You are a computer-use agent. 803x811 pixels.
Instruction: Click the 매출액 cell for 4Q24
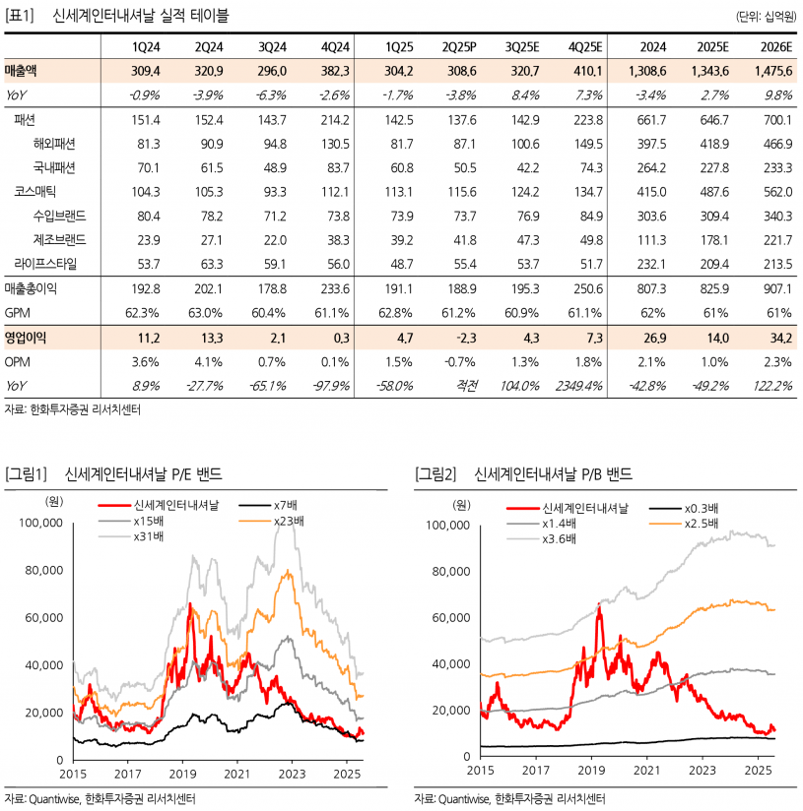pyautogui.click(x=335, y=71)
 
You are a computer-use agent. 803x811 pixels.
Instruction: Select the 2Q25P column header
pyautogui.click(x=459, y=47)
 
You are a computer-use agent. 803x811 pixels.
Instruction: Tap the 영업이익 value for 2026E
pyautogui.click(x=780, y=338)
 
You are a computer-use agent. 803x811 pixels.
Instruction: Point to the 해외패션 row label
pyautogui.click(x=54, y=144)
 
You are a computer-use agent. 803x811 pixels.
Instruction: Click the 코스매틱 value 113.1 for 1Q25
pyautogui.click(x=399, y=192)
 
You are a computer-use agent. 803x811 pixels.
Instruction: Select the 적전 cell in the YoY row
pyautogui.click(x=466, y=386)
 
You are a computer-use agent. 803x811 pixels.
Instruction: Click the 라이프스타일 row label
pyautogui.click(x=45, y=264)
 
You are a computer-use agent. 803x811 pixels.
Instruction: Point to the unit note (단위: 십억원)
pyautogui.click(x=767, y=17)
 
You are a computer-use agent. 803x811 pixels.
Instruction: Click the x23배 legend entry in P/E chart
pyautogui.click(x=272, y=521)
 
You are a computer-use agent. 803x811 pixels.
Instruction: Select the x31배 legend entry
pyautogui.click(x=131, y=536)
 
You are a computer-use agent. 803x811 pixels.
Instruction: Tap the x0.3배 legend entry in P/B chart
pyautogui.click(x=684, y=509)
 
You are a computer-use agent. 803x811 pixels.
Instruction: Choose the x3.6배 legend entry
pyautogui.click(x=542, y=539)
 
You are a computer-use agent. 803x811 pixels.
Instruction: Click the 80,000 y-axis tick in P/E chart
pyautogui.click(x=44, y=570)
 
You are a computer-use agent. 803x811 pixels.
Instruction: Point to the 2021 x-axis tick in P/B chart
pyautogui.click(x=646, y=770)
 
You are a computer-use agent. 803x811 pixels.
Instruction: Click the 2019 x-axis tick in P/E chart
pyautogui.click(x=182, y=774)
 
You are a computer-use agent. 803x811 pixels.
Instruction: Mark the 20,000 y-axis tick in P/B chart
pyautogui.click(x=451, y=711)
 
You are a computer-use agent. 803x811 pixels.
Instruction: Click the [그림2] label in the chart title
pyautogui.click(x=435, y=473)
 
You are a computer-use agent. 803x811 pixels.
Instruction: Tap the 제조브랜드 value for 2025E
pyautogui.click(x=714, y=240)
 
